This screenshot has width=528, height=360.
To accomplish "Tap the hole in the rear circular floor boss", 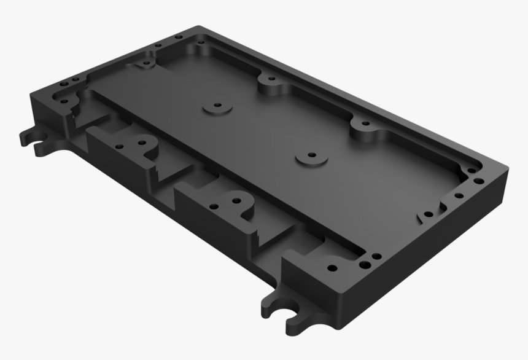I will pos(214,106).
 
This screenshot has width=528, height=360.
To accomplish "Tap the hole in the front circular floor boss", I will pos(311,156).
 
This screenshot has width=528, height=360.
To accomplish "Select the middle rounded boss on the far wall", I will pos(270,82).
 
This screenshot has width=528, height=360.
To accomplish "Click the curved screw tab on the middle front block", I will pos(234,202).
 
